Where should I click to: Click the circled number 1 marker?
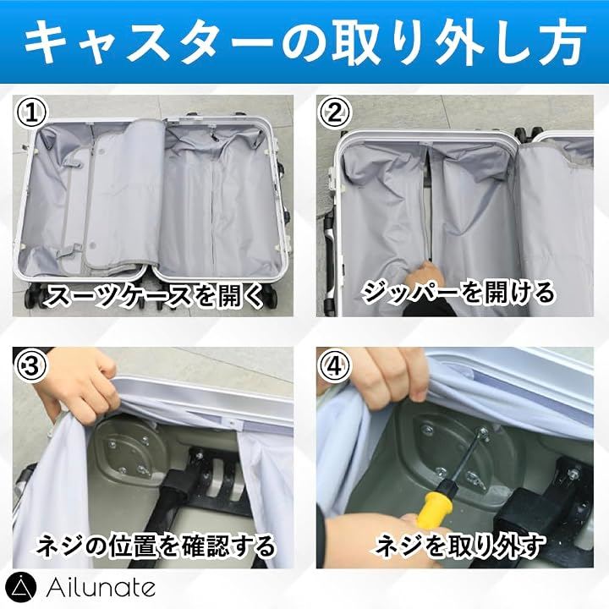pyautogui.click(x=30, y=112)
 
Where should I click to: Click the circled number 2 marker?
pyautogui.click(x=334, y=112)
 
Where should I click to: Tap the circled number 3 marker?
pyautogui.click(x=30, y=365)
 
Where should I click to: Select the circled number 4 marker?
pyautogui.click(x=334, y=365)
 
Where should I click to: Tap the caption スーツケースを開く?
pyautogui.click(x=154, y=296)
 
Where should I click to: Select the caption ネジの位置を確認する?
pyautogui.click(x=156, y=546)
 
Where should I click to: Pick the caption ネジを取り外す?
pyautogui.click(x=459, y=546)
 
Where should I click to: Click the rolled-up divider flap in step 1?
pyautogui.click(x=123, y=195)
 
